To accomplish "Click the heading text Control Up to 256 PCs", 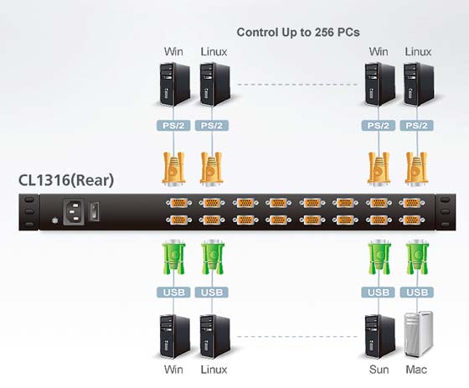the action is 298,33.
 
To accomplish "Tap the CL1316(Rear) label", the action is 66,180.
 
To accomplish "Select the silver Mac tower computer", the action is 419,334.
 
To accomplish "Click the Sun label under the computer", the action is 379,370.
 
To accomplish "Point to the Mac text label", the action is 416,370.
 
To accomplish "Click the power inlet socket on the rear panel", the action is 74,211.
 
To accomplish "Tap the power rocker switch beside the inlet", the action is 95,211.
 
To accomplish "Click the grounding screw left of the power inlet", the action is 54,220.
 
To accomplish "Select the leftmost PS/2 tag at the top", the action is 173,126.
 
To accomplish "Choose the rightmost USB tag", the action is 417,292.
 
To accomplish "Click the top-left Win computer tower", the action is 175,84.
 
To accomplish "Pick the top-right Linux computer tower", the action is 419,84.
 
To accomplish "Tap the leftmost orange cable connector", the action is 173,168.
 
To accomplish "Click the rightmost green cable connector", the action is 417,257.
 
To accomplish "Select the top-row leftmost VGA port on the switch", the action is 179,203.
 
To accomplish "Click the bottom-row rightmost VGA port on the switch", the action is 411,220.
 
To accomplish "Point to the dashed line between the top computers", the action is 297,85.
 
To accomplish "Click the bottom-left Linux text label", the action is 214,370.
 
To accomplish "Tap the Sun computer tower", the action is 380,336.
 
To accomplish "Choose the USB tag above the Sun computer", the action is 379,292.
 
